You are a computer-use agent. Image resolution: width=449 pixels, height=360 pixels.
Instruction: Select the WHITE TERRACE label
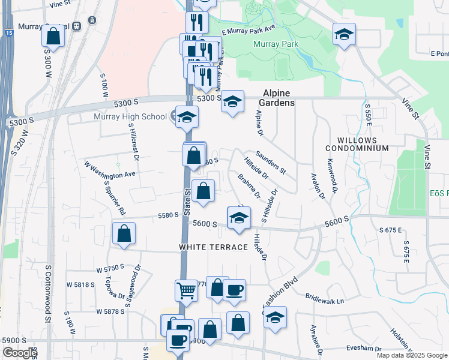(213, 247)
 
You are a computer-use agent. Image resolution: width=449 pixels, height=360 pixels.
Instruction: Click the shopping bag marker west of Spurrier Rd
(124, 233)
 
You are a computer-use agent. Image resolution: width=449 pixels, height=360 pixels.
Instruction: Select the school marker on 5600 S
(239, 218)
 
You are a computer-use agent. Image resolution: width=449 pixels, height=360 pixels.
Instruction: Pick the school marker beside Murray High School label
(187, 117)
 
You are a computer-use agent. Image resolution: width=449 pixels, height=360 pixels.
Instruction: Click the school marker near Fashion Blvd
(275, 317)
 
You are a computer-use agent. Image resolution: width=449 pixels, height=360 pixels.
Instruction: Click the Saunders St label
(270, 162)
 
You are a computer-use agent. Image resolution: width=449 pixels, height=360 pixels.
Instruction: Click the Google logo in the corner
(19, 353)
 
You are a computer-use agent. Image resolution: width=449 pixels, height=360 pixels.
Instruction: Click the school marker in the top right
(345, 34)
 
